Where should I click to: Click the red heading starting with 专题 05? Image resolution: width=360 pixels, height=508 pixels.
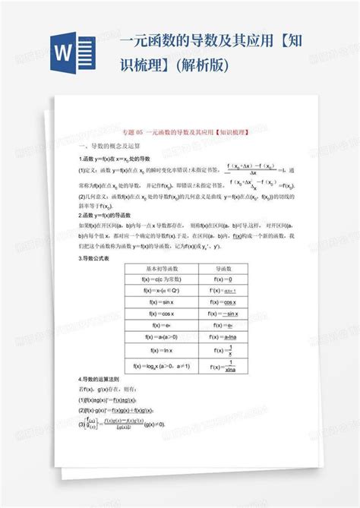tap(180, 131)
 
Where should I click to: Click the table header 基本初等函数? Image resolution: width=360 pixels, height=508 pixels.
tap(159, 269)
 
